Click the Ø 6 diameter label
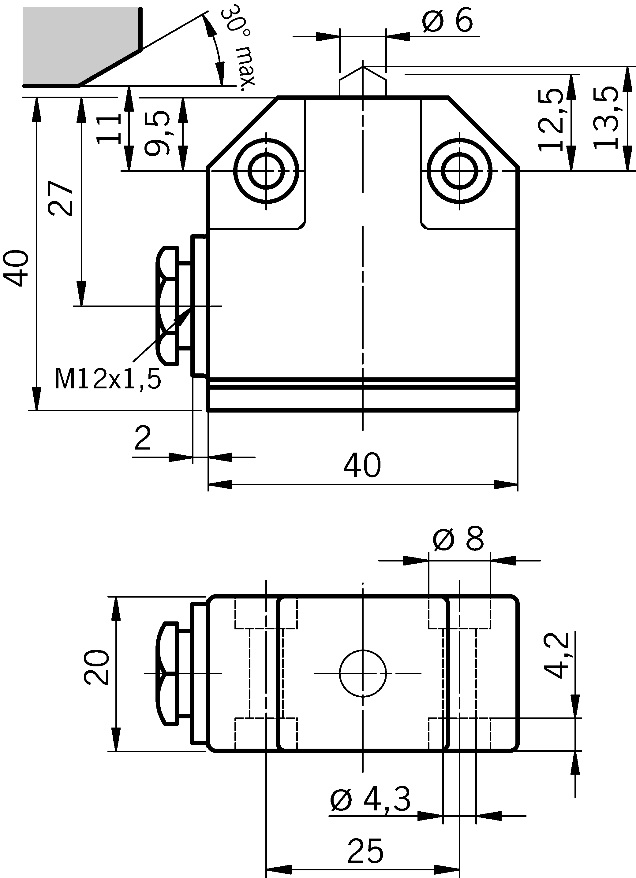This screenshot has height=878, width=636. pyautogui.click(x=447, y=20)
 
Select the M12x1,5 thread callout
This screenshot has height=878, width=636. pyautogui.click(x=108, y=379)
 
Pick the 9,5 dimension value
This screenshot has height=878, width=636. pyautogui.click(x=157, y=133)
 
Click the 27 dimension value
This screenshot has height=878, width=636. pyautogui.click(x=61, y=198)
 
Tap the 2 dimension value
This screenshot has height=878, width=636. pyautogui.click(x=143, y=439)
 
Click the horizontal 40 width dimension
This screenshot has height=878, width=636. pyautogui.click(x=362, y=465)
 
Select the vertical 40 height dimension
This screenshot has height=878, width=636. pyautogui.click(x=16, y=268)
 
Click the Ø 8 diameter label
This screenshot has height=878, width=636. pyautogui.click(x=458, y=539)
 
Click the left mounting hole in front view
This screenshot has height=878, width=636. pyautogui.click(x=266, y=171)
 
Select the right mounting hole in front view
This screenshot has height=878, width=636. pyautogui.click(x=460, y=171)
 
